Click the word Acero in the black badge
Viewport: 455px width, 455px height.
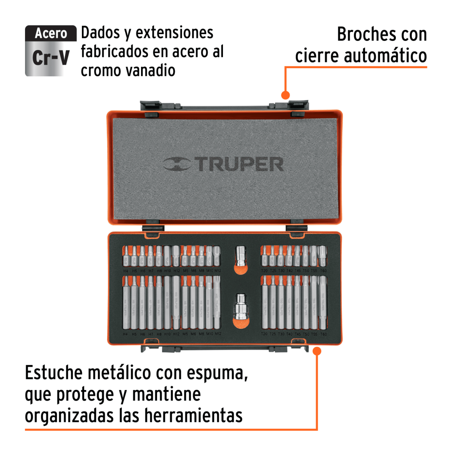tap(51, 34)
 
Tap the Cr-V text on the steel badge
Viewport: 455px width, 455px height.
tap(51, 58)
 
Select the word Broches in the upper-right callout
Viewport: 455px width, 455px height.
tap(362, 35)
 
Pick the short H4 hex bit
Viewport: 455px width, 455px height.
tap(126, 256)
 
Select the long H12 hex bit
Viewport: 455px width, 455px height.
tap(176, 302)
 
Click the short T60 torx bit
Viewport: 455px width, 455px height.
tap(322, 256)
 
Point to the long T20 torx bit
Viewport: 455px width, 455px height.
tap(264, 302)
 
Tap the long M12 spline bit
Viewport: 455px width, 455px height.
tap(217, 302)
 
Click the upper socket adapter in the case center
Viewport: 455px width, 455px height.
tap(240, 257)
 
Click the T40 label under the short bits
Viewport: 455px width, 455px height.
tap(289, 271)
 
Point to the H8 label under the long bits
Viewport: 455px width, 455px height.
tap(159, 334)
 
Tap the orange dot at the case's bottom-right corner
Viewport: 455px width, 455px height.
tap(317, 351)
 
